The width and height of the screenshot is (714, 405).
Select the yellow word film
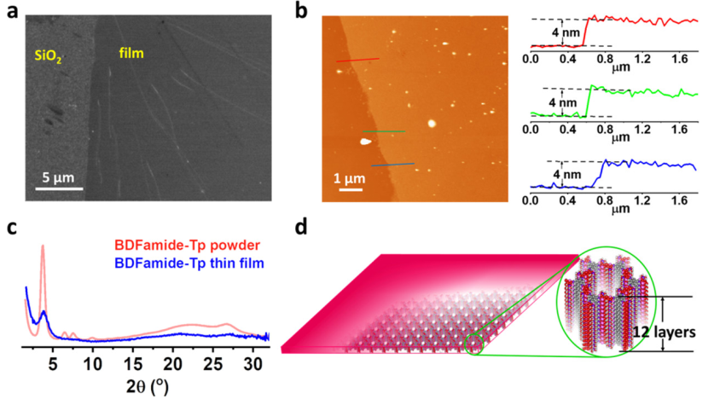tap(131, 53)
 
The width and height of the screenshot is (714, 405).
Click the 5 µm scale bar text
tap(63, 178)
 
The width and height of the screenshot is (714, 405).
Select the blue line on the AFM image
tap(392, 165)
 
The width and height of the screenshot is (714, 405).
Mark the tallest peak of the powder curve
tap(42, 247)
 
